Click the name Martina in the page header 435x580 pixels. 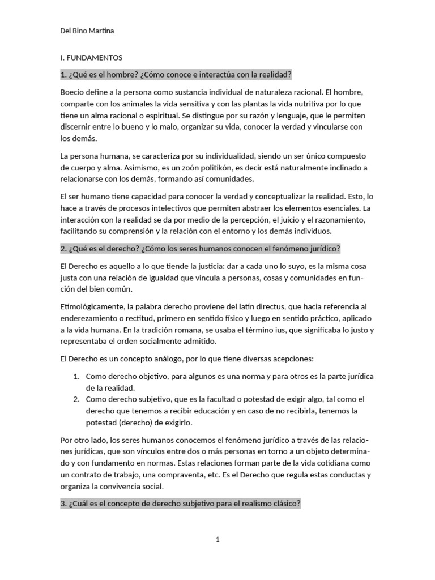99,31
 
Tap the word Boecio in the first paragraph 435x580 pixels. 73,91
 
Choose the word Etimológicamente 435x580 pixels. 93,306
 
